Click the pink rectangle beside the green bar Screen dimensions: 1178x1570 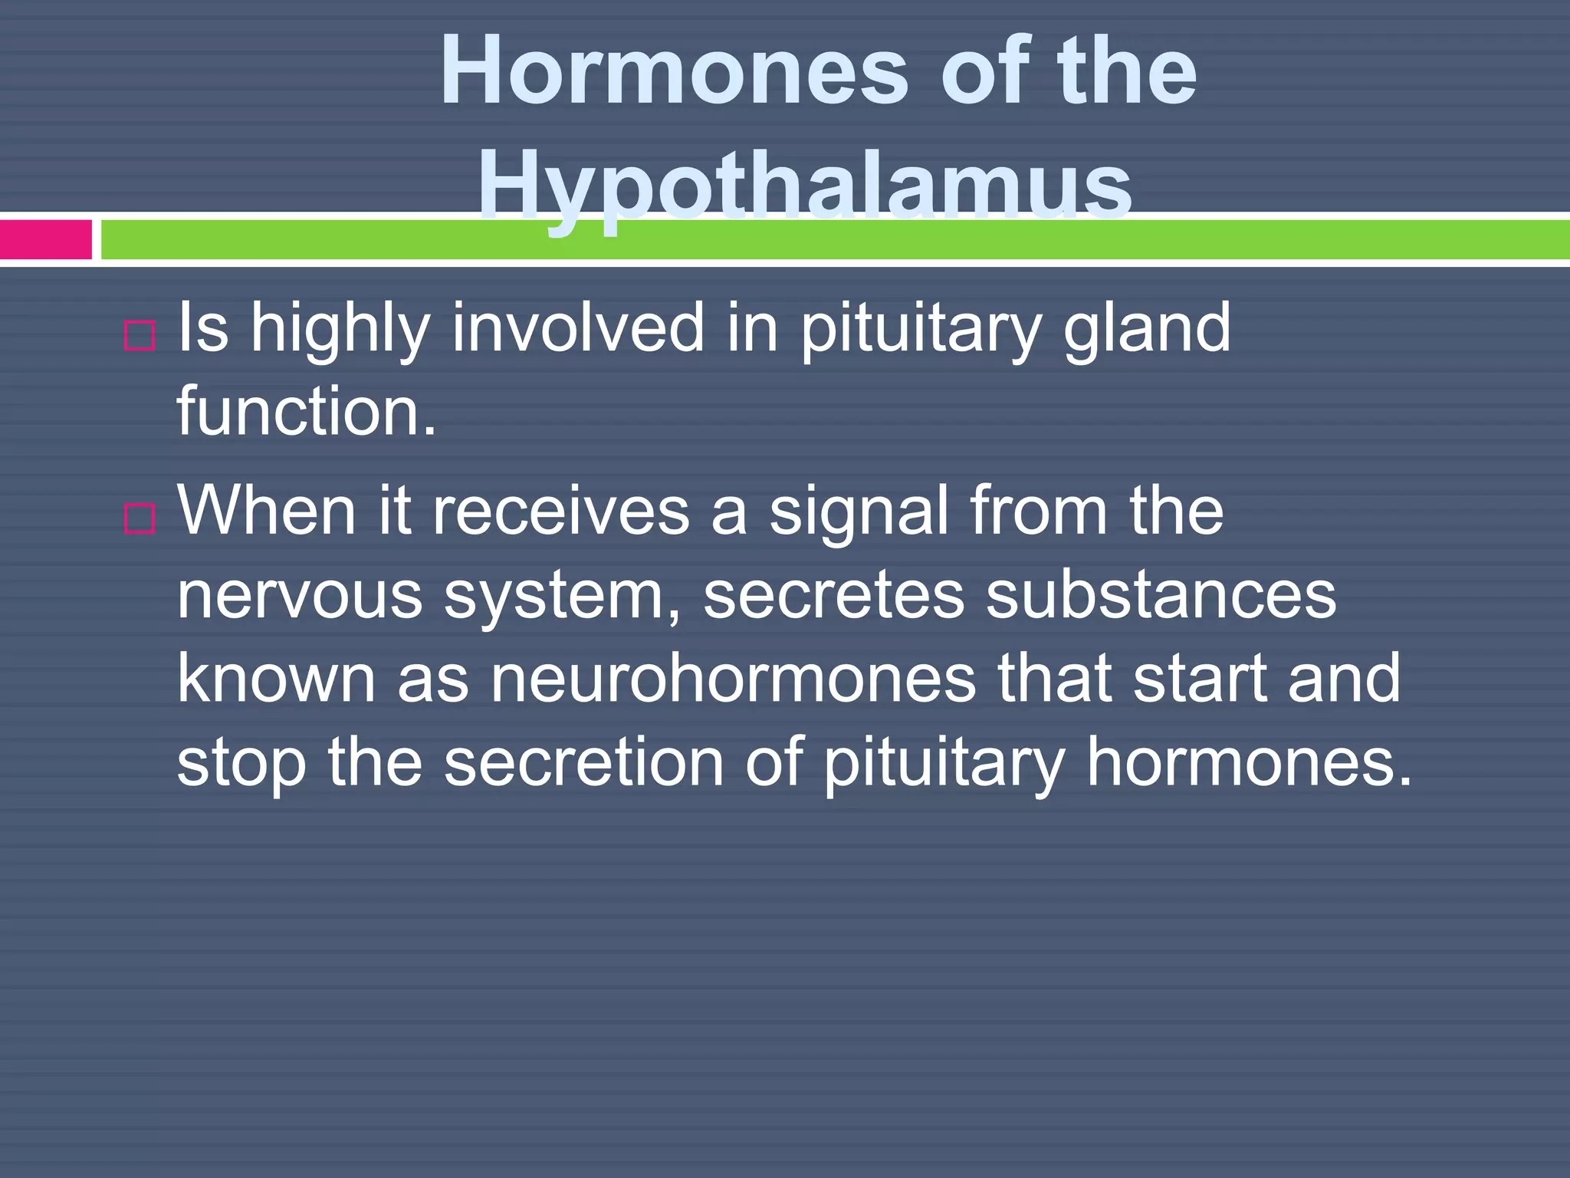(x=45, y=239)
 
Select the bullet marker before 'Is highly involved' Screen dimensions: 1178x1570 (x=140, y=335)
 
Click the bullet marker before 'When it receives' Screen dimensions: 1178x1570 (x=140, y=518)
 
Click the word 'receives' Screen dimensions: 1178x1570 (x=561, y=512)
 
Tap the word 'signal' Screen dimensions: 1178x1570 (x=859, y=512)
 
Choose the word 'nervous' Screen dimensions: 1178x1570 (x=300, y=596)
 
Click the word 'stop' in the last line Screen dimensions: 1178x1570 (x=241, y=763)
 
